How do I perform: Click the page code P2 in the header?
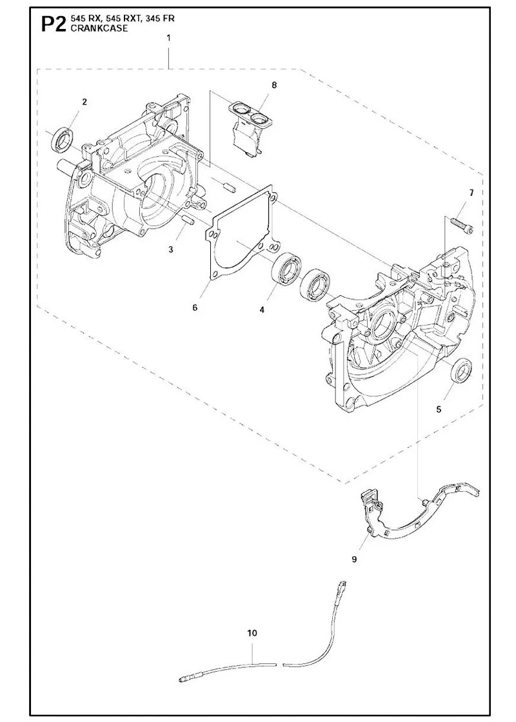point(54,24)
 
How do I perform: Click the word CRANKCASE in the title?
point(93,28)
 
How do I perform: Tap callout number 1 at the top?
point(168,38)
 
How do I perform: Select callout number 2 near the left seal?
point(84,102)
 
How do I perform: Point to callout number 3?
point(170,249)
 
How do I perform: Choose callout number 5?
point(439,409)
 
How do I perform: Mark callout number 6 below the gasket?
point(195,307)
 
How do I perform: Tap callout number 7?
point(471,193)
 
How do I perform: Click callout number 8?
point(274,85)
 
